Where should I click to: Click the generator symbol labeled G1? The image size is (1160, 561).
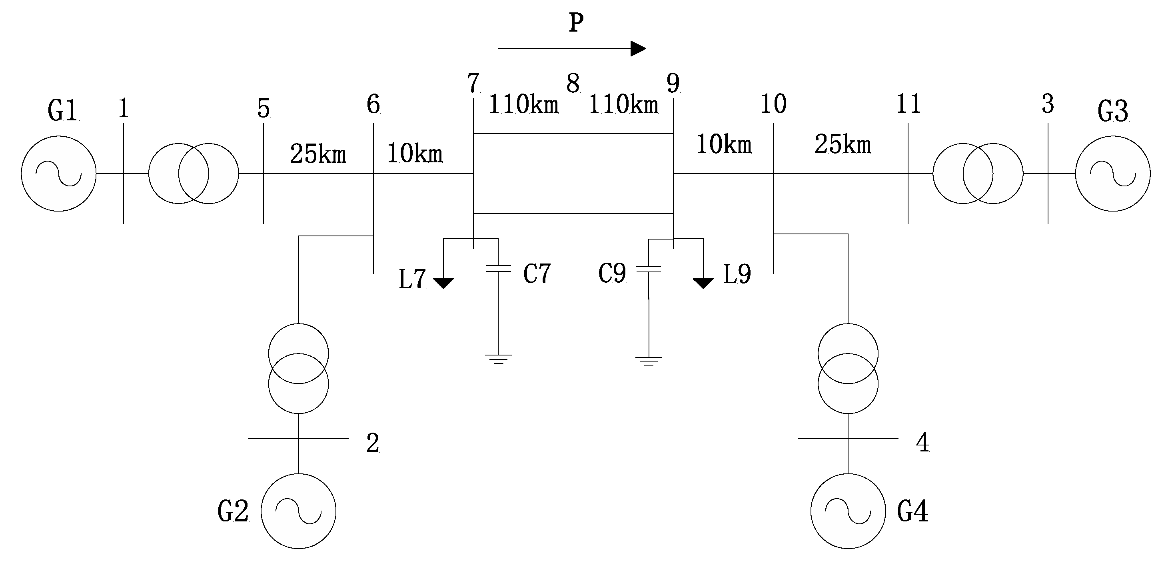coord(58,174)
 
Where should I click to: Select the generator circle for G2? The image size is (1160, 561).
coord(299,511)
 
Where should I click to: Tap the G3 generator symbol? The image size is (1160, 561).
coord(1113,174)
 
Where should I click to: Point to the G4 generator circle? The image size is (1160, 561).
coord(848,511)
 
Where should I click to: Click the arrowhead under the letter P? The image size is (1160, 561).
coord(637,48)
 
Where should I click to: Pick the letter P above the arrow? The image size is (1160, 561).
coord(576,22)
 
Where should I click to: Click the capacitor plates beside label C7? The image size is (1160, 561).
coord(498,268)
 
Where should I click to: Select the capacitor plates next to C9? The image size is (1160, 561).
coord(649,269)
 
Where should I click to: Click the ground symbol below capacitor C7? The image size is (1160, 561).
coord(498,358)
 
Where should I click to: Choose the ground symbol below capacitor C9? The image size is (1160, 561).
coord(649,361)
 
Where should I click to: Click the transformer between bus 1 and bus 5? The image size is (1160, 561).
coord(194,174)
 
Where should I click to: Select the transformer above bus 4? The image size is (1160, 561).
coord(848,368)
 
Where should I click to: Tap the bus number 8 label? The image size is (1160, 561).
coord(573,84)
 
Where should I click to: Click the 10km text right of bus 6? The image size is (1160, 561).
coord(415,154)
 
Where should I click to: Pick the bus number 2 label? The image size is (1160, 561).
coord(372,443)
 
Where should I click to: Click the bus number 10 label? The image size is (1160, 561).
coord(773,104)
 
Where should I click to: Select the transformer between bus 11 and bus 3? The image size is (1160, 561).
coord(978,174)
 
